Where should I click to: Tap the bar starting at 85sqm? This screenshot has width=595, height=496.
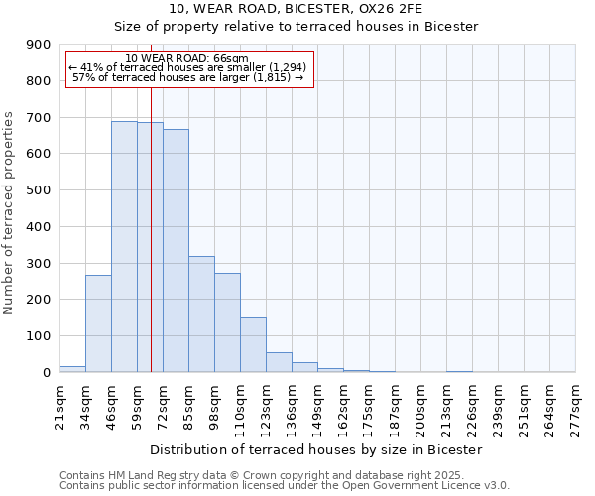(201, 313)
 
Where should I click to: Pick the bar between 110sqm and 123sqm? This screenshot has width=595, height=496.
(253, 344)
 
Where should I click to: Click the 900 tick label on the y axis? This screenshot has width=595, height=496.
(38, 45)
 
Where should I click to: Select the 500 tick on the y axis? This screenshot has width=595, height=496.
(38, 190)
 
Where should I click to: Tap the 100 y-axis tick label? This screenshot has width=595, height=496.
(38, 336)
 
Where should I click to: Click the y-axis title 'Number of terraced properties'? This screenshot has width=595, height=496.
(10, 212)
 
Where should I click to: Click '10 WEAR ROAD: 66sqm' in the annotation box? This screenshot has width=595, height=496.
(187, 58)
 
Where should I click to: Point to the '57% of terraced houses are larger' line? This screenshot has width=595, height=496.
(187, 77)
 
